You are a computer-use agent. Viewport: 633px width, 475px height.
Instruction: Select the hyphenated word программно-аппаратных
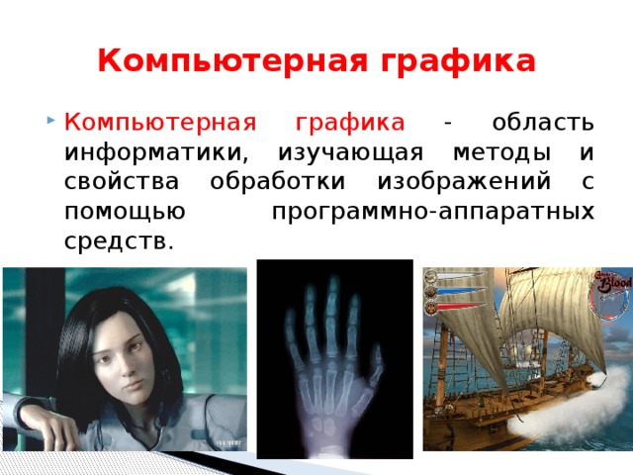[x=432, y=212]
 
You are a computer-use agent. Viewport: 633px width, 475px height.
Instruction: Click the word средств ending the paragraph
[x=118, y=240]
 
